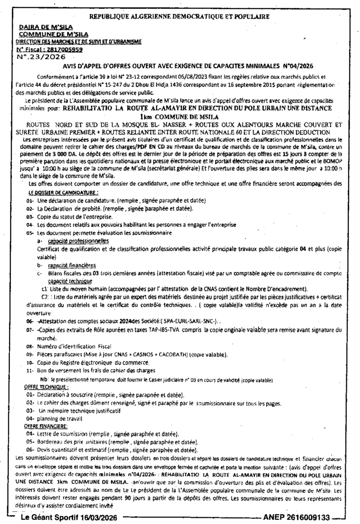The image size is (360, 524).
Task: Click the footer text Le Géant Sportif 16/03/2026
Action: pyautogui.click(x=68, y=517)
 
